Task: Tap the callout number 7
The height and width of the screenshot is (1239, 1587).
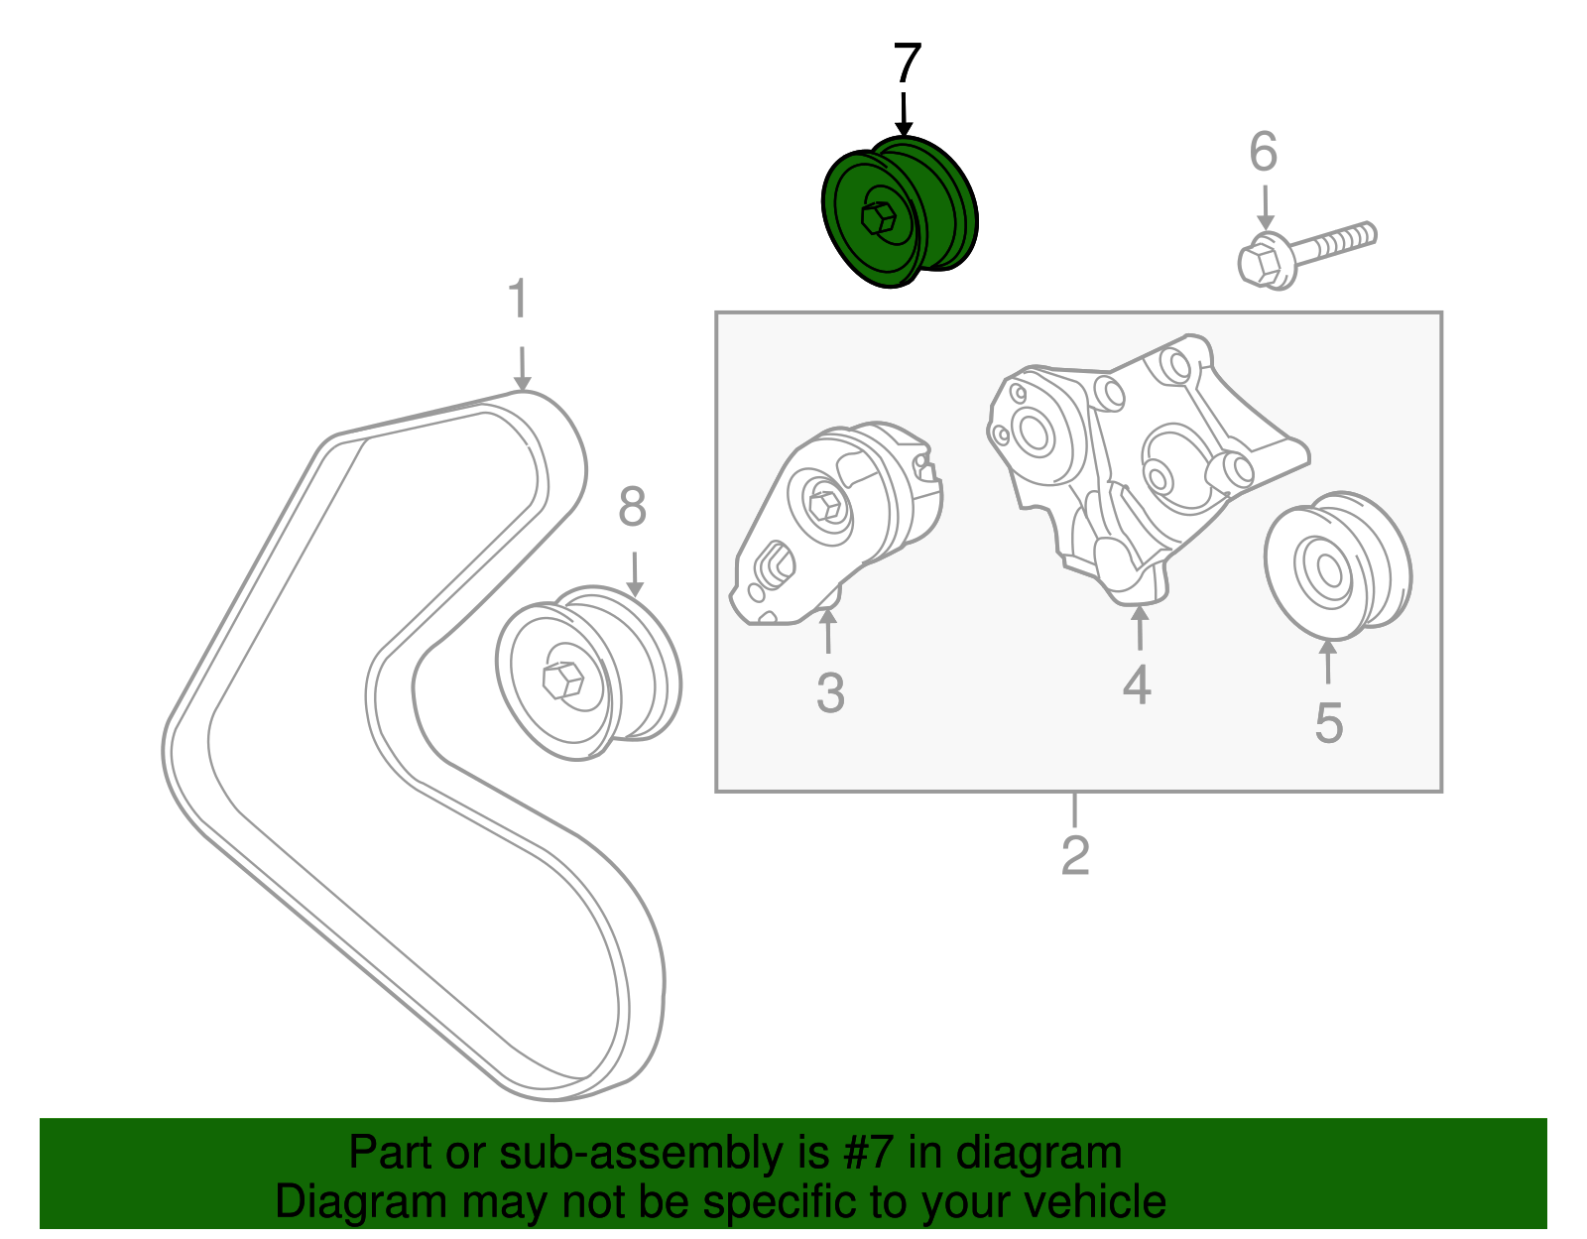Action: (907, 64)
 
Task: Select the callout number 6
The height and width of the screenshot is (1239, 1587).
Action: (1263, 153)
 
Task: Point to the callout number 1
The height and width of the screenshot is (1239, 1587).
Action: (518, 301)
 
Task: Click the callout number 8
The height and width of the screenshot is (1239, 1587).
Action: (632, 507)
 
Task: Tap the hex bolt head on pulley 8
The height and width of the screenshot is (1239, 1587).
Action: (561, 681)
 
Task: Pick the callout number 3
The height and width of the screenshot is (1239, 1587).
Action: (830, 693)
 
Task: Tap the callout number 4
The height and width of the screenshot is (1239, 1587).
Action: (1137, 685)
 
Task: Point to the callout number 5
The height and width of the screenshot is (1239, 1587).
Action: (1328, 723)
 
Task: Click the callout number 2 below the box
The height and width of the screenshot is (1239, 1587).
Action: (1075, 855)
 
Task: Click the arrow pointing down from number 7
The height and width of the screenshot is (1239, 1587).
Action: (904, 114)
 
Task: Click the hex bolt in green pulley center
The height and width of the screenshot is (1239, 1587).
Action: (877, 219)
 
